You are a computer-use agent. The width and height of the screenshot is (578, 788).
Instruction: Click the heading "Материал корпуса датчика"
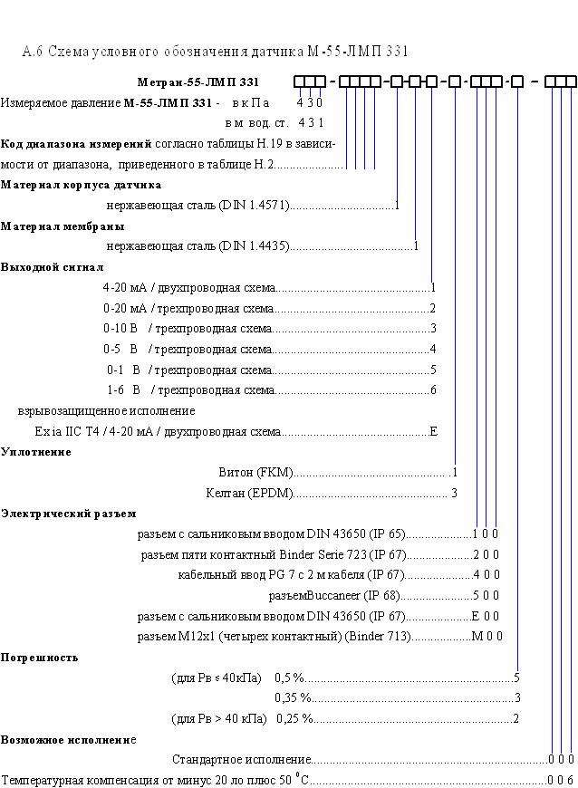click(81, 185)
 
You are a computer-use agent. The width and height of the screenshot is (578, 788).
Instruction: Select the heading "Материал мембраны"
click(63, 226)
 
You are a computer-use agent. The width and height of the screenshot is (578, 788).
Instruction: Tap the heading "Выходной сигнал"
click(53, 267)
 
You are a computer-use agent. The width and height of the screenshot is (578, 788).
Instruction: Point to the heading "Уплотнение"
click(36, 452)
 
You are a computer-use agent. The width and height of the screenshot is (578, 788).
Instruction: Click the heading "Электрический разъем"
click(68, 514)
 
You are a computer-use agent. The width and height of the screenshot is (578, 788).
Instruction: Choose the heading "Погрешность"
click(40, 658)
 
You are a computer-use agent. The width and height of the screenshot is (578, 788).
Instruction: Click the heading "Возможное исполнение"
click(68, 740)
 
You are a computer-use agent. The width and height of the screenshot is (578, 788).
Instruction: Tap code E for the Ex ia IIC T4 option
click(434, 431)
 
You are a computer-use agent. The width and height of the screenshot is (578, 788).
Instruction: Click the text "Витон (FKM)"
click(255, 473)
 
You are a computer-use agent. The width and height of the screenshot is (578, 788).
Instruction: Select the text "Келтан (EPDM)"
click(250, 493)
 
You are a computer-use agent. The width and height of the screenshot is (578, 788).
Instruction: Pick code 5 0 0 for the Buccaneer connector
click(486, 595)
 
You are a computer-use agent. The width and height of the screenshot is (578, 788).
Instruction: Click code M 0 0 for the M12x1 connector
click(487, 636)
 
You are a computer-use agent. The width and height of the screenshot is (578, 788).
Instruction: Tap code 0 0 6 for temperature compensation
click(561, 781)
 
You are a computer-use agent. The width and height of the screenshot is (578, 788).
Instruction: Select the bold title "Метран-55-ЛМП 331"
click(198, 82)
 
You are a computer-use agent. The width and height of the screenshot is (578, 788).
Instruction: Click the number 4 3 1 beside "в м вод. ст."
click(311, 122)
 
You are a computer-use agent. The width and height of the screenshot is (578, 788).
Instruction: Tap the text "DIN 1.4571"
click(255, 205)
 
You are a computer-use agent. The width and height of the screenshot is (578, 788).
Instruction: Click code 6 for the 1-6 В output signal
click(433, 390)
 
